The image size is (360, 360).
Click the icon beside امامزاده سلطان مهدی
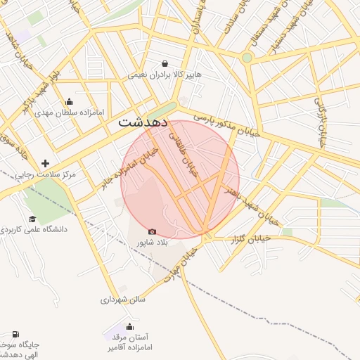tap(69, 102)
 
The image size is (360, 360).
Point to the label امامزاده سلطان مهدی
tap(69, 112)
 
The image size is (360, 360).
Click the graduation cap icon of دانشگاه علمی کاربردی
tap(32, 219)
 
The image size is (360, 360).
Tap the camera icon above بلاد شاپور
tap(153, 231)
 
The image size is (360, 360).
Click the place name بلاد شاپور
tap(153, 243)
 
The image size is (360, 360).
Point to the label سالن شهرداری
tap(122, 300)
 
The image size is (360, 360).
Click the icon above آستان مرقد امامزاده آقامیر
tap(129, 326)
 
